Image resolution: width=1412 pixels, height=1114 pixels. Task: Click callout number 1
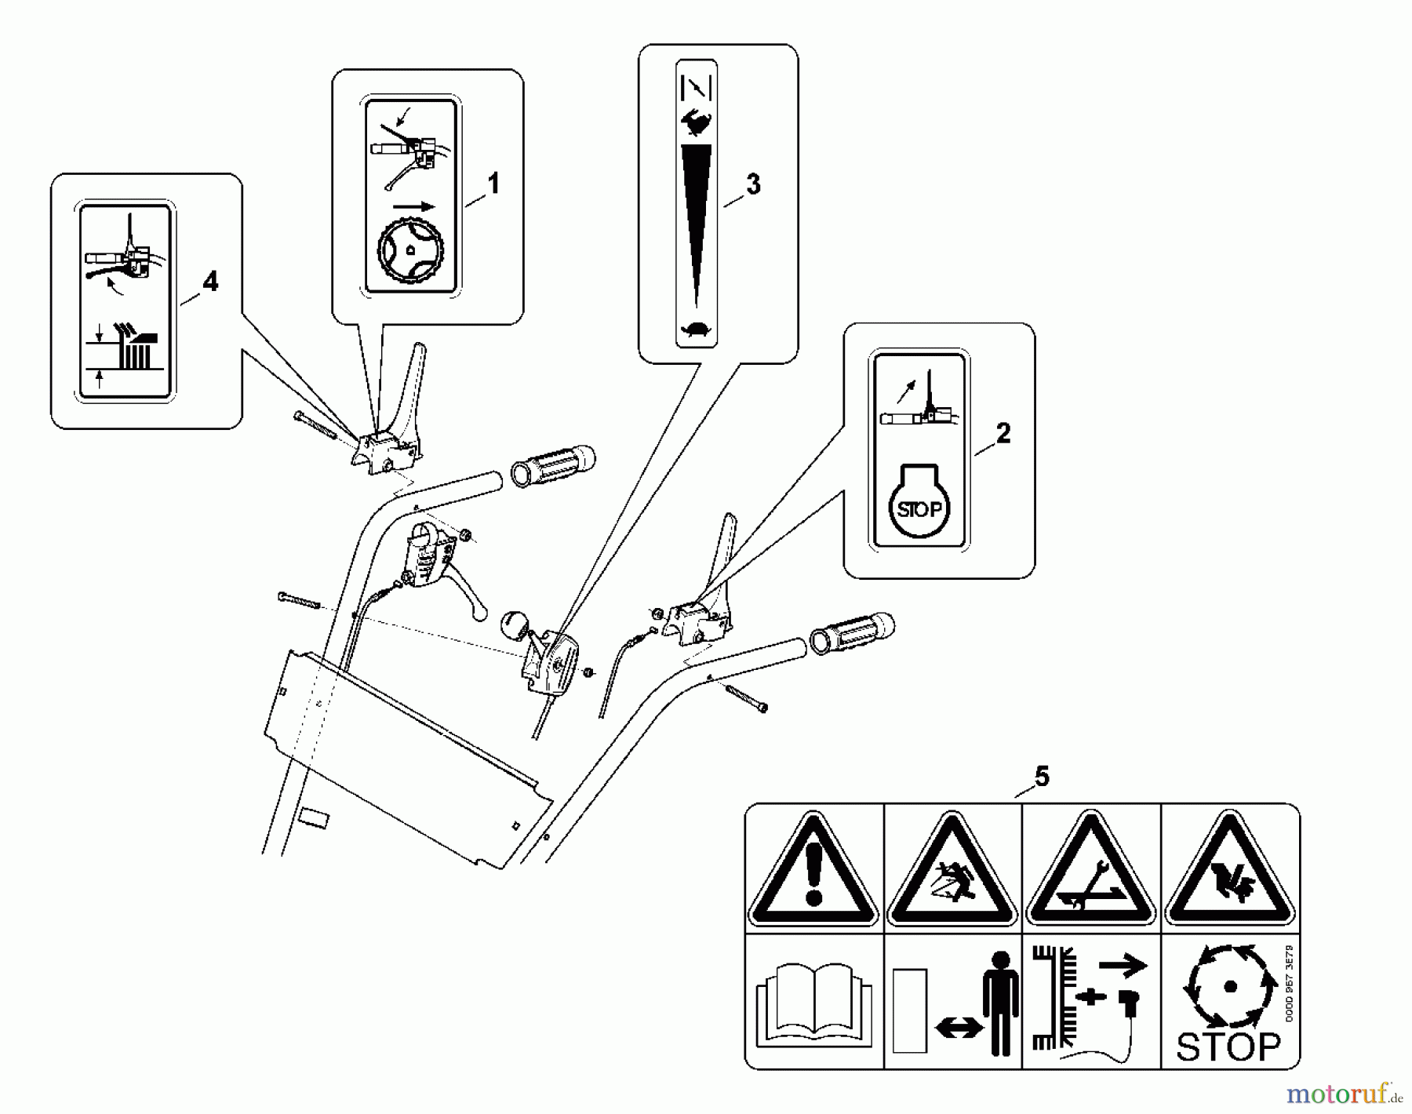[493, 184]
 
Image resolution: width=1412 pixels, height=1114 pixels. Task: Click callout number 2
[1003, 433]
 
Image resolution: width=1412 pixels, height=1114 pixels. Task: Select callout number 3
[752, 184]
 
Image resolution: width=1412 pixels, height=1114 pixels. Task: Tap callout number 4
[209, 282]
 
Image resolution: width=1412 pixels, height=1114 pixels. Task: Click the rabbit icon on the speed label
[697, 123]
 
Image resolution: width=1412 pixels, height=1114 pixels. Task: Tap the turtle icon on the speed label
[696, 330]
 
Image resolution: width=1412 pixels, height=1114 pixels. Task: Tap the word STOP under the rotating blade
[1228, 1046]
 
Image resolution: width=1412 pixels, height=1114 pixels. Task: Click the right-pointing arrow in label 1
[413, 207]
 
